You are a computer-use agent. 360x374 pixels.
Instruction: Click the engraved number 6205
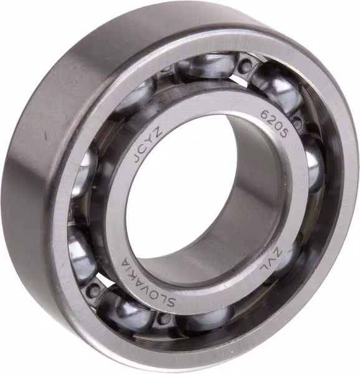pyautogui.click(x=274, y=124)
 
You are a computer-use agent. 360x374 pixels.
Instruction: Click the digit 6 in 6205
pyautogui.click(x=265, y=114)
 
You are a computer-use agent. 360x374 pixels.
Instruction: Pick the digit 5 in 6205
pyautogui.click(x=283, y=133)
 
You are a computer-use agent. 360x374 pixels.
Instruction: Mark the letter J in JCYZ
pyautogui.click(x=138, y=159)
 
